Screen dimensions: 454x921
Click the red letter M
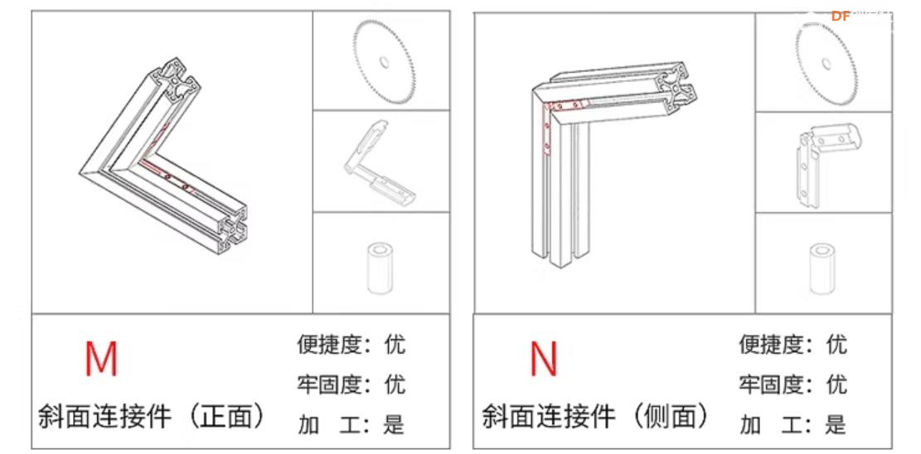tap(101, 358)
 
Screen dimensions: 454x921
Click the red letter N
tap(543, 358)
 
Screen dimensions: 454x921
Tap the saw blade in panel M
tap(383, 62)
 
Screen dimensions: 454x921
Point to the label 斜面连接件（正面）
tap(153, 416)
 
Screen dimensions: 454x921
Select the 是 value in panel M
tap(394, 425)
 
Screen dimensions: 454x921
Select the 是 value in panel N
tap(836, 425)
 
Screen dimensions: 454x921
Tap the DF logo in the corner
tap(841, 16)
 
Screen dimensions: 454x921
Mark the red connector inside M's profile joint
tap(166, 170)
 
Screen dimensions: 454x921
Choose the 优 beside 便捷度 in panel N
tap(836, 344)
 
